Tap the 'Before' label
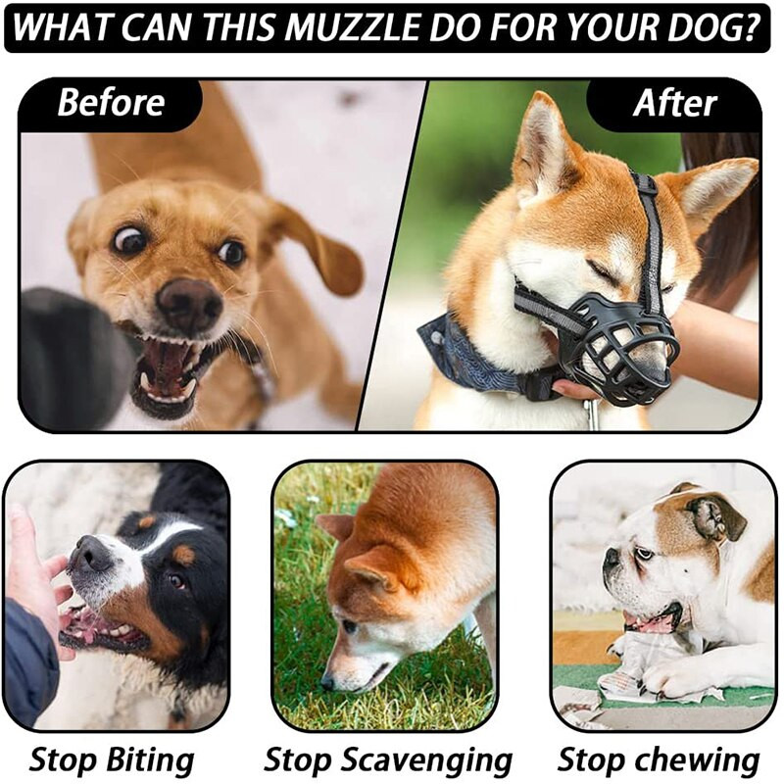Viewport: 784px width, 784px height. (x=111, y=103)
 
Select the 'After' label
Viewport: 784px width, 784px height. (x=674, y=103)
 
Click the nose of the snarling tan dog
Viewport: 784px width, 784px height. (x=189, y=303)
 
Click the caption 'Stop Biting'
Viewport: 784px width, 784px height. (x=112, y=759)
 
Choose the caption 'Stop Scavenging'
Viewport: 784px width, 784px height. (x=388, y=760)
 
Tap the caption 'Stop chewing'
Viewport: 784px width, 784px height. (x=659, y=760)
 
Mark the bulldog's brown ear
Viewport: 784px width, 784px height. (x=716, y=516)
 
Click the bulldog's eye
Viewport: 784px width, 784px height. (x=643, y=554)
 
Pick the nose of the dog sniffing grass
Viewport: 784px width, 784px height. (x=327, y=681)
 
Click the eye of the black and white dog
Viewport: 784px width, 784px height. (x=175, y=580)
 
